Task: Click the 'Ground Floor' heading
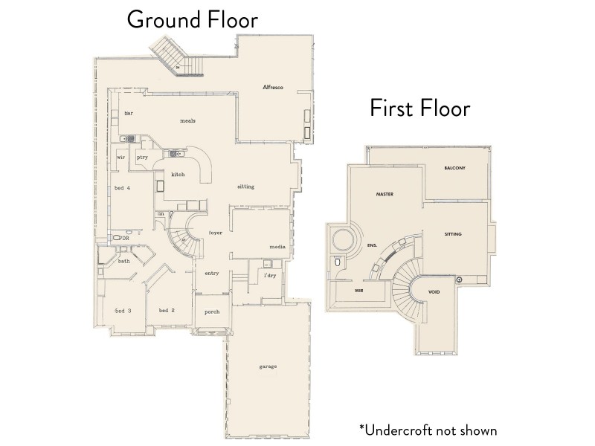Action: pyautogui.click(x=192, y=19)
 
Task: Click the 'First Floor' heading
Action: pyautogui.click(x=420, y=109)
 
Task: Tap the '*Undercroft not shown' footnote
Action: pyautogui.click(x=428, y=430)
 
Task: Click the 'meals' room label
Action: pyautogui.click(x=187, y=120)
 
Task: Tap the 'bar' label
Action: pyautogui.click(x=128, y=113)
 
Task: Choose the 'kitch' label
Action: pyautogui.click(x=178, y=175)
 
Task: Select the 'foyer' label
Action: pyautogui.click(x=216, y=233)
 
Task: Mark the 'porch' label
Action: pyautogui.click(x=212, y=311)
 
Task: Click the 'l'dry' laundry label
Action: pyautogui.click(x=270, y=276)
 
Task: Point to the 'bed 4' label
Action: pyautogui.click(x=122, y=188)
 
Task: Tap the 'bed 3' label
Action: pyautogui.click(x=123, y=310)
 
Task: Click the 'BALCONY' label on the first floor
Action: pyautogui.click(x=454, y=168)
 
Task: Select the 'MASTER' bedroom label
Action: pyautogui.click(x=384, y=194)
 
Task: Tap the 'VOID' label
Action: pyautogui.click(x=435, y=292)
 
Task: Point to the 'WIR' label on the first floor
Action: pyautogui.click(x=358, y=292)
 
